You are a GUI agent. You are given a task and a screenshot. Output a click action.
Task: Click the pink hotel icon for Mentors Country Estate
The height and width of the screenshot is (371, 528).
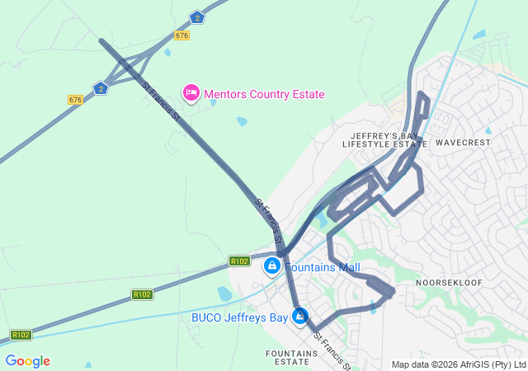191,92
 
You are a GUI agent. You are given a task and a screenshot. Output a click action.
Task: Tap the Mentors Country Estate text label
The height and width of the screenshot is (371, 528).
264,94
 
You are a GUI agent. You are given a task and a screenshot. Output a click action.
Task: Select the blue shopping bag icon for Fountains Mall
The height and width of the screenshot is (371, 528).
271,266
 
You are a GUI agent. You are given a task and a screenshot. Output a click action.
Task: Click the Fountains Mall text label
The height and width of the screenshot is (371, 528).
323,267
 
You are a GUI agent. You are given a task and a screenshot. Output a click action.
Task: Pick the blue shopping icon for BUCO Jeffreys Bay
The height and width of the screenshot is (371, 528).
299,317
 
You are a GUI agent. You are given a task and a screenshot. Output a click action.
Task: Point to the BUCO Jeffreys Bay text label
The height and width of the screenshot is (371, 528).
239,317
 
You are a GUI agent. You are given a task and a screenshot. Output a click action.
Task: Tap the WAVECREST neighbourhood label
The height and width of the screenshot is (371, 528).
462,143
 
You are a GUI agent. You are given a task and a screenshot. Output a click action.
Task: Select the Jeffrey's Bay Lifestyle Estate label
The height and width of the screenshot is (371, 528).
384,139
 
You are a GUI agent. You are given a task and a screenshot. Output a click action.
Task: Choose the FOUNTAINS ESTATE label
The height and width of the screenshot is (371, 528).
292,358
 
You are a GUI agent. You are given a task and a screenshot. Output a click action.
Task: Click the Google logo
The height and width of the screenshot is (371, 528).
27,361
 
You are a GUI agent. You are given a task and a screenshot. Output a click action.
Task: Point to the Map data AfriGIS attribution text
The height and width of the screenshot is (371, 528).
459,364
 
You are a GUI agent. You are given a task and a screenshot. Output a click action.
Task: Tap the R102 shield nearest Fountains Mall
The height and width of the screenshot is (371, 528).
239,261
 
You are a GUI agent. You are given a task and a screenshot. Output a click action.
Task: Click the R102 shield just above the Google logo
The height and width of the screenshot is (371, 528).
21,335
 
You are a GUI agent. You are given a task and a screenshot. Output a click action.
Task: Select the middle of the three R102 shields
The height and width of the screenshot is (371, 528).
142,294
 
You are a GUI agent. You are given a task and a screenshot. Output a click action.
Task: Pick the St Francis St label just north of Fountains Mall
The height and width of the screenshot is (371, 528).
270,219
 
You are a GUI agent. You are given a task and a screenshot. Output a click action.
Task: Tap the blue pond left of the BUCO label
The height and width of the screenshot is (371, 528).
224,294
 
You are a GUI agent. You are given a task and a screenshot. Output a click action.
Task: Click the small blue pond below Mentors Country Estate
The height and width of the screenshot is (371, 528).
241,121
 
